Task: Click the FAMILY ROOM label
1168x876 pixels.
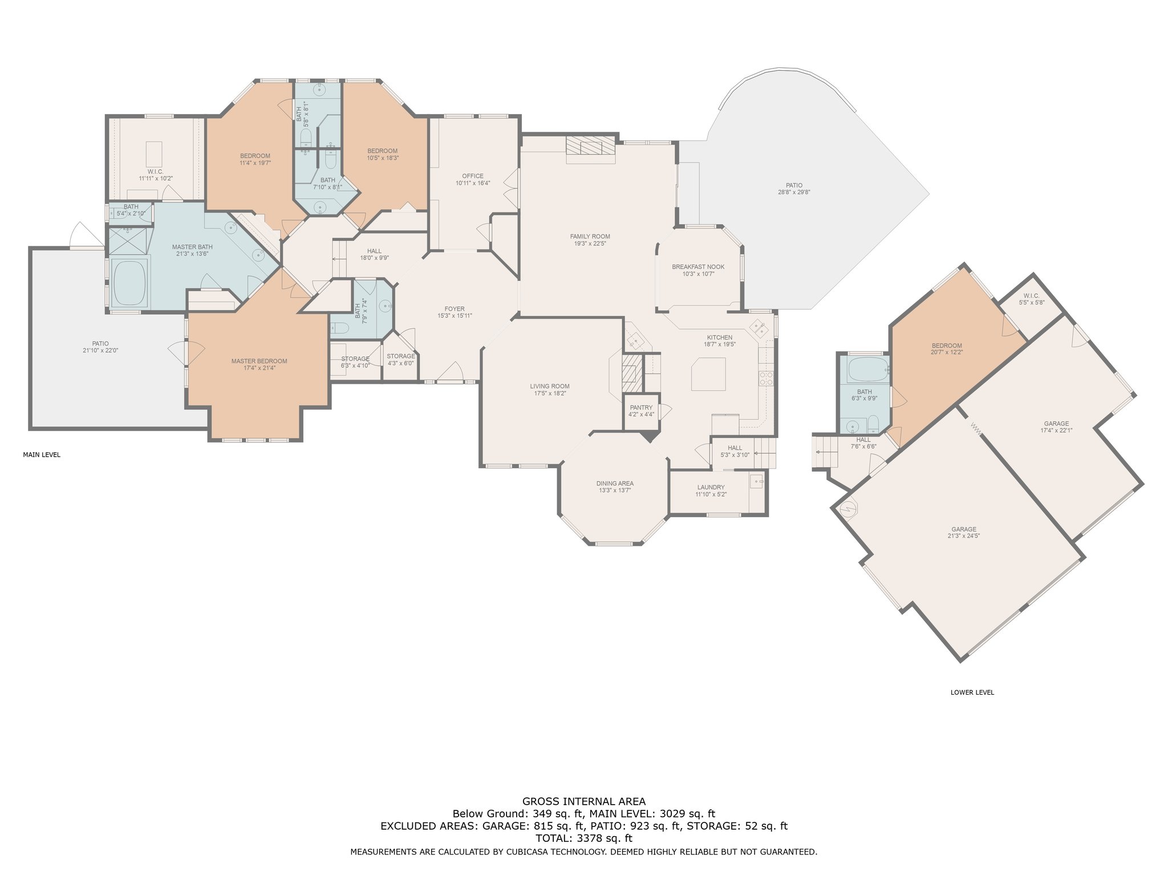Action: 590,236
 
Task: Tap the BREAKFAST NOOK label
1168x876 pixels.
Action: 697,267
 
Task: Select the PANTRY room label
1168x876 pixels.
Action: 641,408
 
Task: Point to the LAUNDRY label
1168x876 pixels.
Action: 711,487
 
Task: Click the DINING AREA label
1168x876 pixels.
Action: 615,484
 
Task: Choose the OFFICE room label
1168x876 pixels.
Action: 473,176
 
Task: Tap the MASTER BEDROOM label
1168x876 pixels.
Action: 259,361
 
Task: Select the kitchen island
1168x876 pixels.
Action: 708,374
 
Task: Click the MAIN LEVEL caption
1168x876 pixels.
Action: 42,455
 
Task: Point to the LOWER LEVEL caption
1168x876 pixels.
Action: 972,692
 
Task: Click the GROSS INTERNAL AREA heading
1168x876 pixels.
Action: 584,801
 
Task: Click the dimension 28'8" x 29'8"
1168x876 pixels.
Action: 794,192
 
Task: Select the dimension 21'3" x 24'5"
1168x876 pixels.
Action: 963,536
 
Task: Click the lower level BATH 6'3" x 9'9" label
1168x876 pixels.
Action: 865,395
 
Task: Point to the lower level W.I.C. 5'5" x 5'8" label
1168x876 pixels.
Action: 1032,299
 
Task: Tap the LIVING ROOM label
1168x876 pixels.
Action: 550,386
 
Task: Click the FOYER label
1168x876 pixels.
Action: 455,309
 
